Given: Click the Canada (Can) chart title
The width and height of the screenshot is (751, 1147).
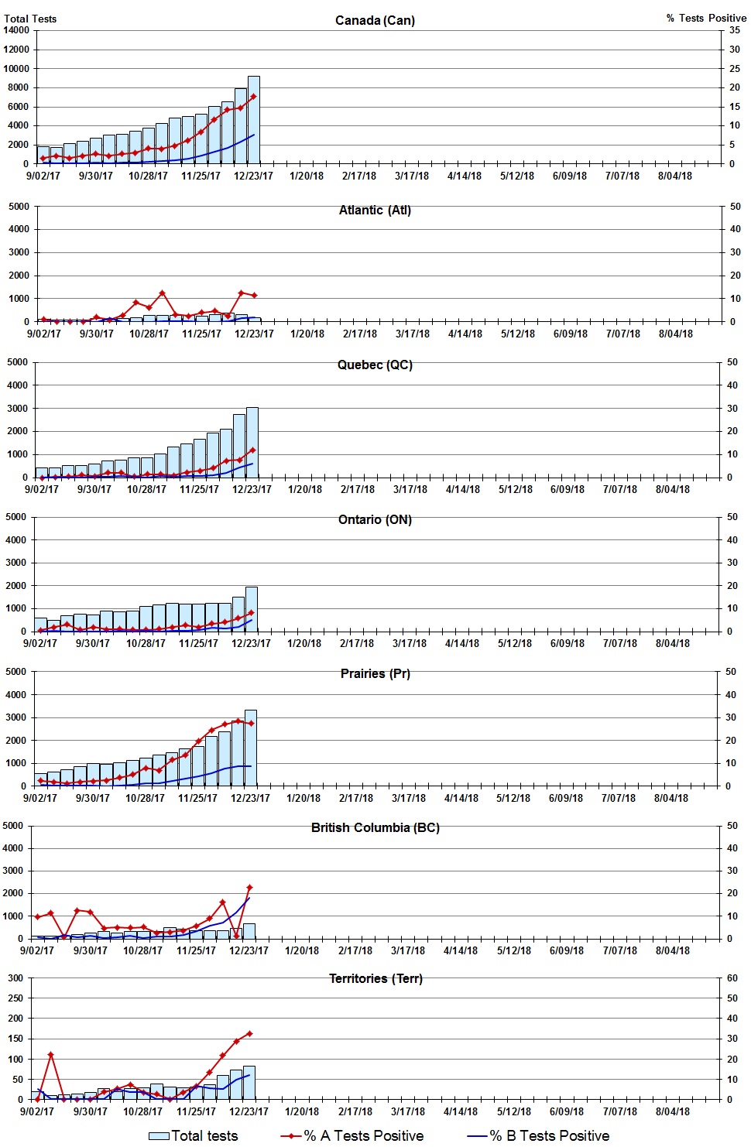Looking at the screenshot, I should click(375, 20).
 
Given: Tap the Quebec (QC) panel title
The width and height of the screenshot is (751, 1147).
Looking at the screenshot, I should click(375, 365).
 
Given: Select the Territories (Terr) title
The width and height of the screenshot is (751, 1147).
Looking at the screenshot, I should click(375, 978).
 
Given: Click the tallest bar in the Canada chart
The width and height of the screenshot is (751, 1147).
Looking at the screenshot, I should click(253, 120).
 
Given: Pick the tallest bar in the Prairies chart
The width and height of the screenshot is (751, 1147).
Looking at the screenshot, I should click(250, 748).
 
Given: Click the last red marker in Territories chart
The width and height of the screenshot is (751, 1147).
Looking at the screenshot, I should click(249, 1033).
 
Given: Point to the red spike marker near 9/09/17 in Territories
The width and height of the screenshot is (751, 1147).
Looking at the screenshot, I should click(50, 1054).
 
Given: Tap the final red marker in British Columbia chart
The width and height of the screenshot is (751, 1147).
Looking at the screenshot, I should click(249, 888).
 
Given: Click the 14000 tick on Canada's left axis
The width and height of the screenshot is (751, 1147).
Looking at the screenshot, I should click(16, 30).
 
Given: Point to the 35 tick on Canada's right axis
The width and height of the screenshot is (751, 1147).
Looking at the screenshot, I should click(734, 30).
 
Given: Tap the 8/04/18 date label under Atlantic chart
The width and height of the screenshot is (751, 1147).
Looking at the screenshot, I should click(675, 334).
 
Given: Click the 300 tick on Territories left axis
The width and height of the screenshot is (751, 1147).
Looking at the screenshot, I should click(15, 978).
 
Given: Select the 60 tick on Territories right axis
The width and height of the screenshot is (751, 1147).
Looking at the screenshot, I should click(732, 978).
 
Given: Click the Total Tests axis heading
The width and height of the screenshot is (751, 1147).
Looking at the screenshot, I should click(30, 19).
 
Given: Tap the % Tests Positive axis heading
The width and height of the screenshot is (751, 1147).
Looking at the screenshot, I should click(706, 18).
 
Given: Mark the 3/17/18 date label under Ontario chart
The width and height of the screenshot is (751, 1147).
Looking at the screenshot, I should click(409, 643).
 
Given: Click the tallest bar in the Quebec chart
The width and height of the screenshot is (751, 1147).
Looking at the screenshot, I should click(252, 442).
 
